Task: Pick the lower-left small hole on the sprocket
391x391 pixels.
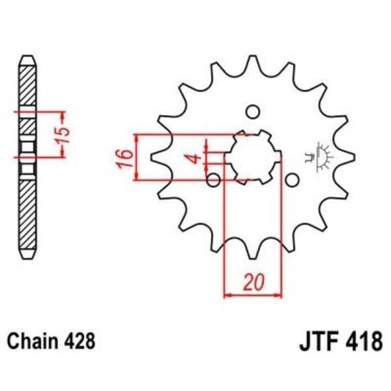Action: tap(212, 179)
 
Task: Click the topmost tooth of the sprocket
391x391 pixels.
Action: tap(253, 63)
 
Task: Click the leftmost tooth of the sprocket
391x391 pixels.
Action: tap(157, 157)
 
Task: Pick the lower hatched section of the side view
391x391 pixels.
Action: tap(27, 215)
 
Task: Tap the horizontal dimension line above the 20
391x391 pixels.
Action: tap(253, 295)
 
